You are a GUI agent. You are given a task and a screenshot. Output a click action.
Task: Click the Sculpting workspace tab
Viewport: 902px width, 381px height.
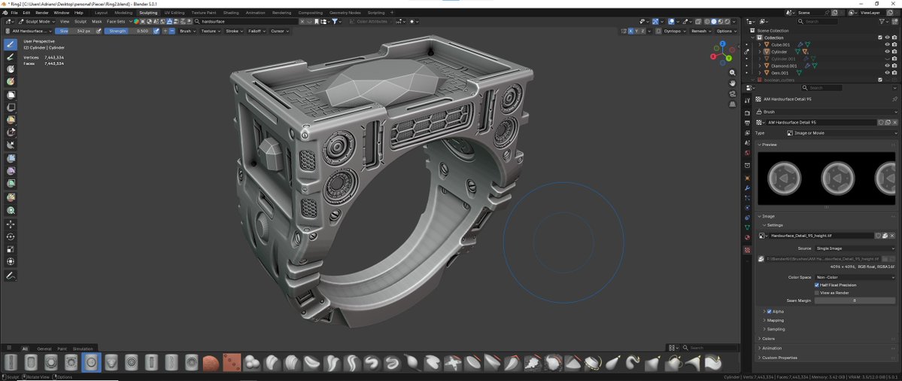pyautogui.click(x=148, y=13)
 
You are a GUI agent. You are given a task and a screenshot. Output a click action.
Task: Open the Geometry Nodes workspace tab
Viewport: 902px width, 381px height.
pyautogui.click(x=345, y=13)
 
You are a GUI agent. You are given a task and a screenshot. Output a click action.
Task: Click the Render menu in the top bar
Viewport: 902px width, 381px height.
pyautogui.click(x=42, y=13)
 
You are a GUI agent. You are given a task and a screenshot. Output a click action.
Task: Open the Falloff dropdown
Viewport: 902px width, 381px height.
pyautogui.click(x=257, y=31)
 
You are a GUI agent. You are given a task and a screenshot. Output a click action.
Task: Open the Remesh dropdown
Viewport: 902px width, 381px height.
pyautogui.click(x=700, y=31)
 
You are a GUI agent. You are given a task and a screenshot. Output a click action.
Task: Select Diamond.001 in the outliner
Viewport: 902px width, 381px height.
pyautogui.click(x=784, y=66)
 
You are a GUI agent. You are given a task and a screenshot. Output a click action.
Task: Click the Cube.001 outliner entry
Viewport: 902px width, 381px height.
pyautogui.click(x=780, y=44)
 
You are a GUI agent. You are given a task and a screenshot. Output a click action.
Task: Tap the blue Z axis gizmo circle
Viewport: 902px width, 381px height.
pyautogui.click(x=722, y=44)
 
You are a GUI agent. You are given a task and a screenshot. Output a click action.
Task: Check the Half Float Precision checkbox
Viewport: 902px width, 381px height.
pyautogui.click(x=817, y=285)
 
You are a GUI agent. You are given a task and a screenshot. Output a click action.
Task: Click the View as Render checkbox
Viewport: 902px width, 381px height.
pyautogui.click(x=817, y=293)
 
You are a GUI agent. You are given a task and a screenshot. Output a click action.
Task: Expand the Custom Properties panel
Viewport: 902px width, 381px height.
pyautogui.click(x=779, y=357)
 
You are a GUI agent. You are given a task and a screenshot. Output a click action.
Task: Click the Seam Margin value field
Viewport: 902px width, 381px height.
pyautogui.click(x=855, y=300)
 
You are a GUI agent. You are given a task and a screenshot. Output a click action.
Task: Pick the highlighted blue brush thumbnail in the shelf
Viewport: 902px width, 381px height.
pyautogui.click(x=91, y=362)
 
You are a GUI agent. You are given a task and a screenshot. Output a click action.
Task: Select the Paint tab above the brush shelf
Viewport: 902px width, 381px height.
pyautogui.click(x=62, y=349)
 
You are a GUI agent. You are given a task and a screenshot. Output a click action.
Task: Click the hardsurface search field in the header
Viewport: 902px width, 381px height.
pyautogui.click(x=248, y=21)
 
